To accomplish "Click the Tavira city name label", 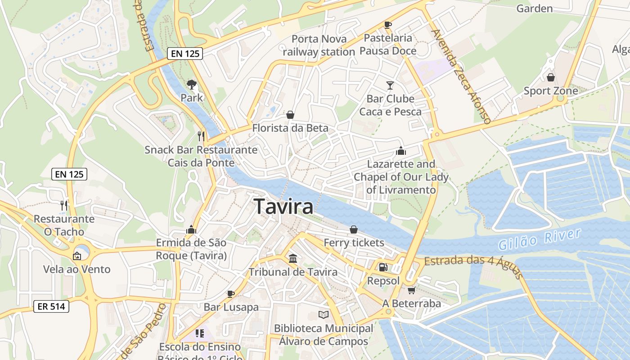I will pos(283,207).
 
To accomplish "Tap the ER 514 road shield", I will pos(51,307).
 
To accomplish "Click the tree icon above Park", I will pos(191,84).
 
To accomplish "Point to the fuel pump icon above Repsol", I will pos(383,267).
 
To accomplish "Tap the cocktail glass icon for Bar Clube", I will pos(390,85).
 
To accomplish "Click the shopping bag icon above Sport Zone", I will pos(550,77).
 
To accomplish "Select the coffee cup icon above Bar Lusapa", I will pos(231,294).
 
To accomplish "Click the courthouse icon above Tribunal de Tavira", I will pos(293,258).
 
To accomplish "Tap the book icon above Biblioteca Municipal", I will pos(323,315).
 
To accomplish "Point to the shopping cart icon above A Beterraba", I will pos(411,290).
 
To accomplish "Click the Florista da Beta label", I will pos(290,128).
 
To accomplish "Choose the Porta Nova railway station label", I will pos(319,45).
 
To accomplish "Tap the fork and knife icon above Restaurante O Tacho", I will pos(64,206).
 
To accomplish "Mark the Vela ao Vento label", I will pos(77,269).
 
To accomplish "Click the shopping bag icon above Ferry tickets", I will pos(354,229).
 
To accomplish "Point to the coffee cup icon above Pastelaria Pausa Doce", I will pos(388,25).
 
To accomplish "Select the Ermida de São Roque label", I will pos(191,249).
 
